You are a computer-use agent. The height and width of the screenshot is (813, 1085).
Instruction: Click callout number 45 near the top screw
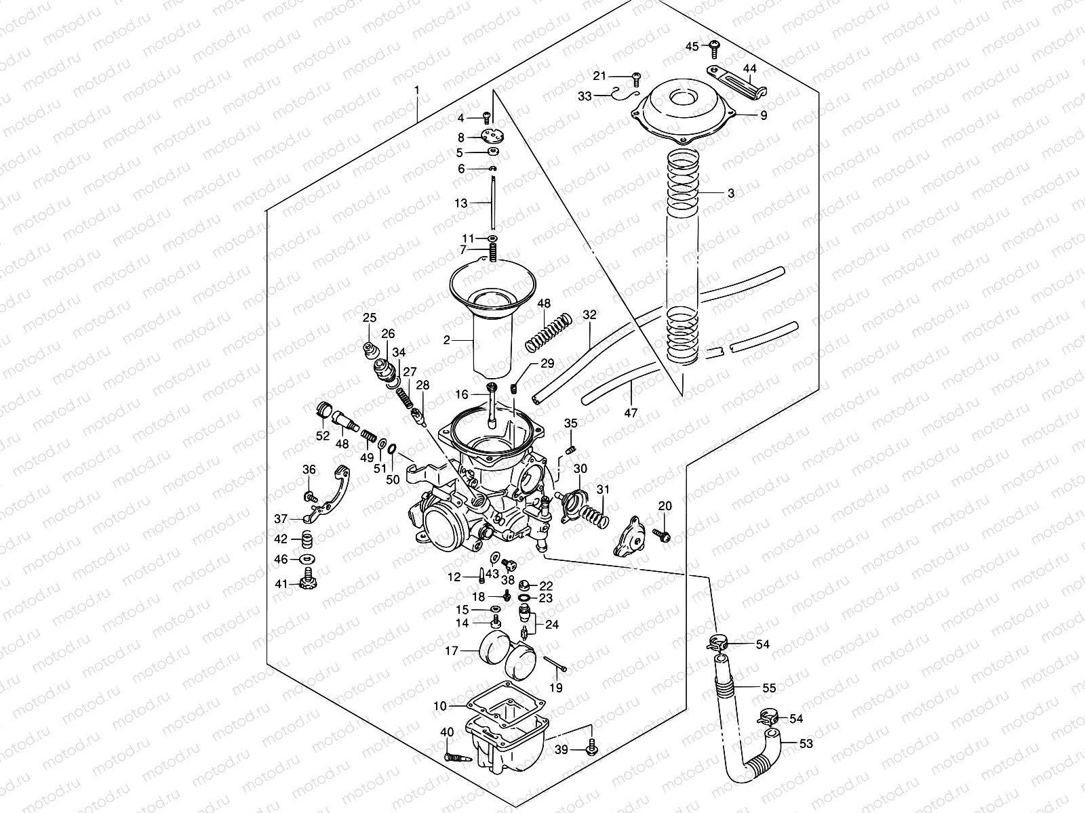tap(691, 46)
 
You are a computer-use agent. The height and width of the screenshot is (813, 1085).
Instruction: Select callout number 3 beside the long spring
tap(730, 193)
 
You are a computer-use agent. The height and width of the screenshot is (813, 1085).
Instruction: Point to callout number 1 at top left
tap(417, 90)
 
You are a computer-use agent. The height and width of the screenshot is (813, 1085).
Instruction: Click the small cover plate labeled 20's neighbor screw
tap(663, 537)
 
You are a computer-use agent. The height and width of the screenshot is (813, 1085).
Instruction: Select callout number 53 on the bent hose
tap(806, 744)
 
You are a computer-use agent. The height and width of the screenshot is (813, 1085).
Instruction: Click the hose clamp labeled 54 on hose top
tap(717, 642)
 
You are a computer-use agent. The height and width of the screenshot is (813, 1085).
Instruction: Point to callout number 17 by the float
tap(452, 651)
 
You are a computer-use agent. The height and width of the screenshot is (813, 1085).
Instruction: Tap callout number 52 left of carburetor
tap(323, 435)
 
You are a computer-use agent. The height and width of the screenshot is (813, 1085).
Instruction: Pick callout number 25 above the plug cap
tap(369, 318)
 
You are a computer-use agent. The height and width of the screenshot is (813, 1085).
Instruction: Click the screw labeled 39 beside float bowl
tap(593, 748)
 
